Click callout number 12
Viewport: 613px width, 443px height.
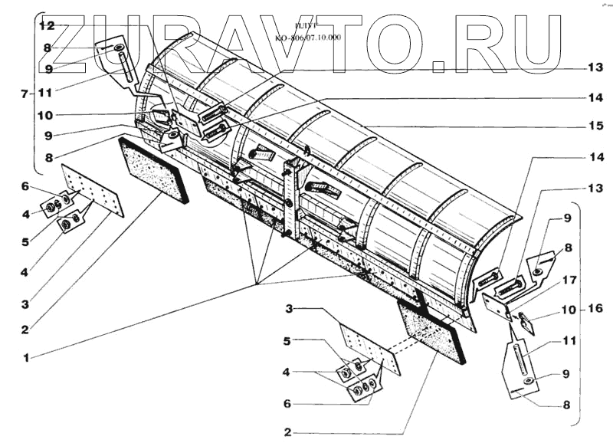tap(48, 25)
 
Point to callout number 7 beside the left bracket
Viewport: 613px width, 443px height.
tap(25, 94)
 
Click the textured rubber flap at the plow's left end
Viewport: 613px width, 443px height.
tap(154, 169)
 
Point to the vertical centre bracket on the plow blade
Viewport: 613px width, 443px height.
tap(290, 199)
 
